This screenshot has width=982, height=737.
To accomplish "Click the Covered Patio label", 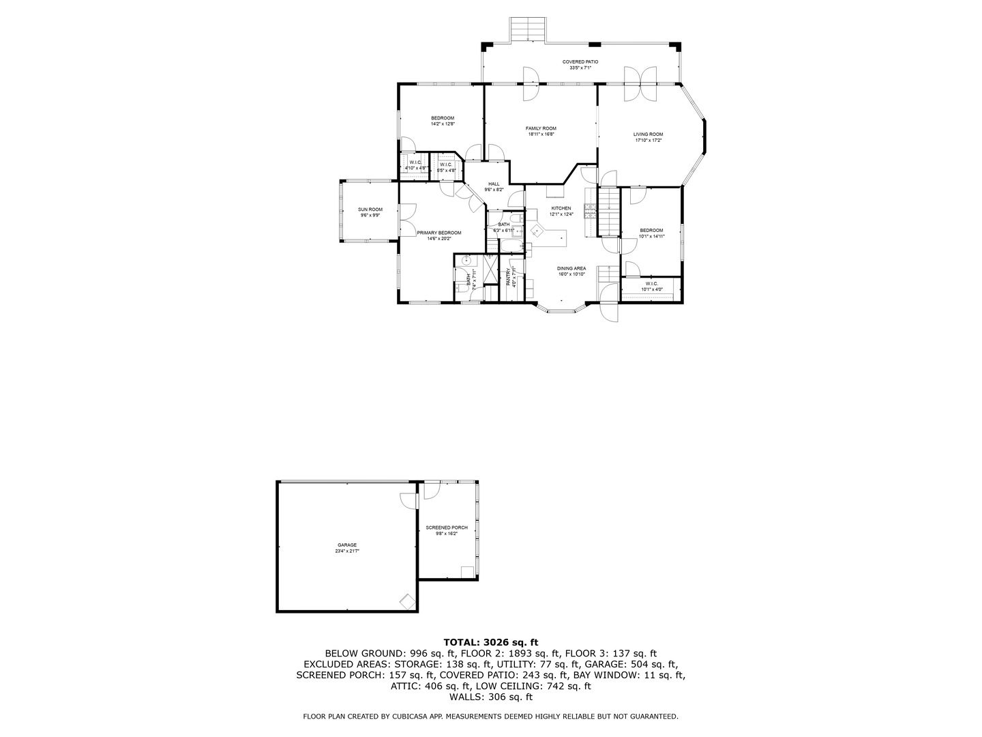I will (580, 61).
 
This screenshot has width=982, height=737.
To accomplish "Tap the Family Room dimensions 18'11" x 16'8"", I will (541, 134).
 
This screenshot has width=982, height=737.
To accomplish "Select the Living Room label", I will (648, 134).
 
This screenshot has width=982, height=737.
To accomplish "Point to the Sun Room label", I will (370, 209).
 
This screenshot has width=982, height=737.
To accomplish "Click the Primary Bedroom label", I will (435, 233).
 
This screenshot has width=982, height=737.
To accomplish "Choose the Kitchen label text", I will (561, 208).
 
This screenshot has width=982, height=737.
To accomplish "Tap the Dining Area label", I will (571, 268).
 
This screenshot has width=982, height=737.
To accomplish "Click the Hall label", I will (494, 184).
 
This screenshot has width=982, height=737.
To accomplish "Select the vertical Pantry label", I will (509, 276).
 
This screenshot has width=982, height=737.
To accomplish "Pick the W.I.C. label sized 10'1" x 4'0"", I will (651, 283).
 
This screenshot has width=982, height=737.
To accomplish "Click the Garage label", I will (346, 545).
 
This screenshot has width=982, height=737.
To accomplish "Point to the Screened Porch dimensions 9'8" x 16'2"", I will (447, 534).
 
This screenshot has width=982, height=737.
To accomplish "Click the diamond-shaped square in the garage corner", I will (407, 601).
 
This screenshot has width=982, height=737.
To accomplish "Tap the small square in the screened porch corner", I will (467, 572).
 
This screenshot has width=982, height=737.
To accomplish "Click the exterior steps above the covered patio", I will (528, 29).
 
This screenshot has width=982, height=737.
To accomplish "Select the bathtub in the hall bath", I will (517, 223).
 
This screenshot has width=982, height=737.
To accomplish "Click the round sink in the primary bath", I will (466, 260).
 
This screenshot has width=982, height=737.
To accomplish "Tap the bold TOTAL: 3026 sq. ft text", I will (490, 641).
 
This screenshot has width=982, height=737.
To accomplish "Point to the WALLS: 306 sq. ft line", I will (490, 697).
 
